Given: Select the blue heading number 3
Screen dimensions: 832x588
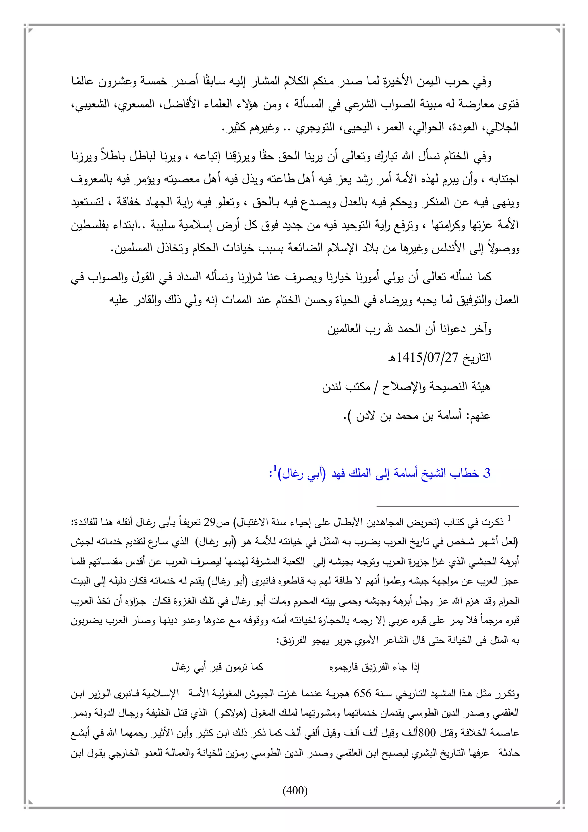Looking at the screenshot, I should coord(487,473).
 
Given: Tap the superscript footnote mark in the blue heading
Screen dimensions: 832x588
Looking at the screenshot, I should coord(275,469).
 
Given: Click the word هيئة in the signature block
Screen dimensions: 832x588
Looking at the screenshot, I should coord(480,387).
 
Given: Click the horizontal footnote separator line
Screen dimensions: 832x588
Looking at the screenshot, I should coord(448,506).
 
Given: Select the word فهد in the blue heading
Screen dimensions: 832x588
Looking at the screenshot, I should coord(339,473).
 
